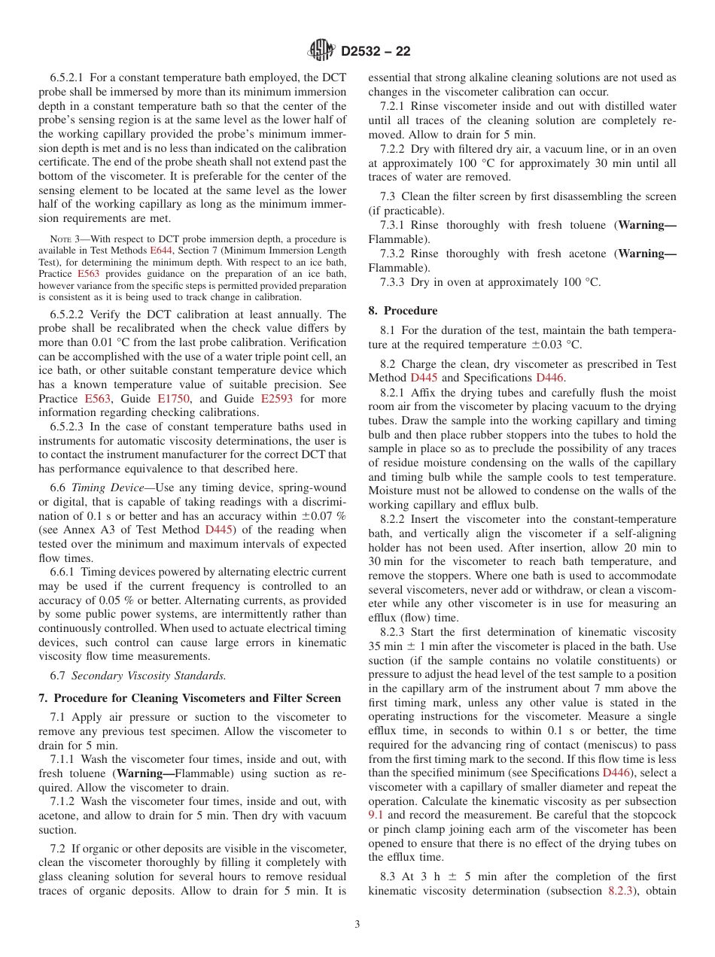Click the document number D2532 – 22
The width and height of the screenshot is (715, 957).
click(x=376, y=52)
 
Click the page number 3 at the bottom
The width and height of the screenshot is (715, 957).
click(x=357, y=924)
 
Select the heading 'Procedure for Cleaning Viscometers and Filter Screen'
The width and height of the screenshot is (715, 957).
click(x=197, y=698)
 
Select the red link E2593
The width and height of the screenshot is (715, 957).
click(x=278, y=399)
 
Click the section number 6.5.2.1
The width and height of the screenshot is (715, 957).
click(x=68, y=77)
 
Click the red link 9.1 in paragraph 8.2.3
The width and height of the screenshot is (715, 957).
click(x=376, y=815)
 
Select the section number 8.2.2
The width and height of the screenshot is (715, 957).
click(x=397, y=519)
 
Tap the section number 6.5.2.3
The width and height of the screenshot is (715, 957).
click(x=68, y=427)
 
